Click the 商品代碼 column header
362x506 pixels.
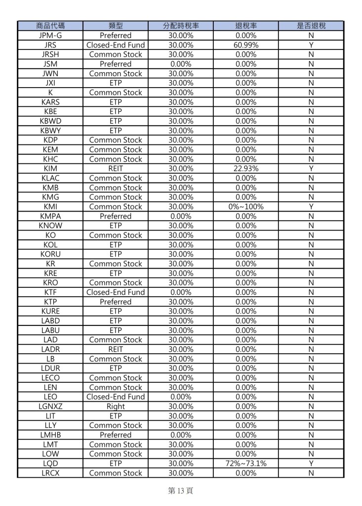[x=50, y=26]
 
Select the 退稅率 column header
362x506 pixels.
[x=245, y=26]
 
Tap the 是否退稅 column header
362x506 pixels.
[x=311, y=26]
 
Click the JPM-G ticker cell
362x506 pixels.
[x=50, y=36]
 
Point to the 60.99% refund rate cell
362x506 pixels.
[x=245, y=45]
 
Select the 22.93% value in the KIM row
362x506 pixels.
[x=245, y=169]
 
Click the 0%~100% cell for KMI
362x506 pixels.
[x=245, y=207]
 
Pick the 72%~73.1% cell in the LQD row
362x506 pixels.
[x=245, y=463]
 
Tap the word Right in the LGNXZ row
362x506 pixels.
[x=116, y=407]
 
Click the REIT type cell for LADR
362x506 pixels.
[x=116, y=349]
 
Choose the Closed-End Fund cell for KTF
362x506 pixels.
[x=116, y=292]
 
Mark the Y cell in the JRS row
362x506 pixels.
[x=311, y=45]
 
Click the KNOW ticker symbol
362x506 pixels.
[x=50, y=226]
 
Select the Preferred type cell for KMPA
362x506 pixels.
[x=116, y=216]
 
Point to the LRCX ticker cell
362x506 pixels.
[x=50, y=473]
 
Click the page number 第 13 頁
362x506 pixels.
[x=181, y=491]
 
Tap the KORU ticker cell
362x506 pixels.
[x=50, y=254]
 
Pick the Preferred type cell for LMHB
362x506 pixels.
[x=116, y=435]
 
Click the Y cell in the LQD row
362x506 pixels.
[x=311, y=463]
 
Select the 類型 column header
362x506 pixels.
[x=116, y=26]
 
